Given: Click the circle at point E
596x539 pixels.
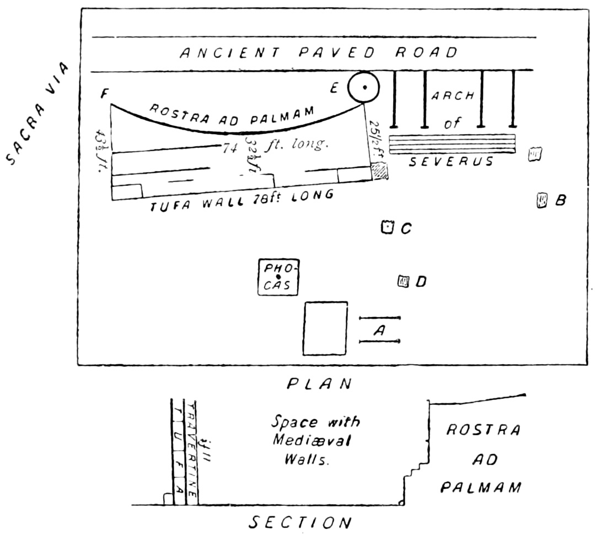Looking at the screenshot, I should [364, 88].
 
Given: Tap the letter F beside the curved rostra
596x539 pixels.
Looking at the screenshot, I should [103, 94].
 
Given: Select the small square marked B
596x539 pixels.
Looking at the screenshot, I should [542, 200].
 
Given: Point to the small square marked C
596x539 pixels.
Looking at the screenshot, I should [388, 226].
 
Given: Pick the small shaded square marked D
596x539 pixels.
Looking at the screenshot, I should [404, 282].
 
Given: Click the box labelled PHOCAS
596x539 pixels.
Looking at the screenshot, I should [279, 277].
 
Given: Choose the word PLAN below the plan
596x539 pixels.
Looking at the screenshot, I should [320, 383].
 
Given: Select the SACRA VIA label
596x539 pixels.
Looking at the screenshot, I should [38, 114].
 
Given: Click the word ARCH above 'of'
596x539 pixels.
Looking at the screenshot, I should [452, 95].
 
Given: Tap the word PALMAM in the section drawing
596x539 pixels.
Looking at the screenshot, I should [481, 487].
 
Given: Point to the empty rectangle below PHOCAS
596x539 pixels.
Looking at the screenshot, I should [326, 328].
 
